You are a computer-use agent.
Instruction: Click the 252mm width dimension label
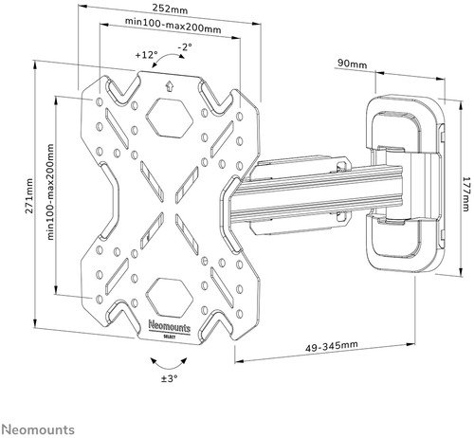coord(170,9)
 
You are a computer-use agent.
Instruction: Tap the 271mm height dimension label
coord(29,195)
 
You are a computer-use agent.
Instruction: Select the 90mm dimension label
coord(353,64)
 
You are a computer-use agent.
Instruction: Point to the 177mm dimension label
coord(465,193)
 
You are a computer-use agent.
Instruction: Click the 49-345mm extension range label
coord(332,346)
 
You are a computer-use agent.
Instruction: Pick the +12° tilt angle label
coord(146,55)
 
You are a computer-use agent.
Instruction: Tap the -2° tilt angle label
coord(185,47)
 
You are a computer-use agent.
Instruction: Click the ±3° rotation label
coord(170,378)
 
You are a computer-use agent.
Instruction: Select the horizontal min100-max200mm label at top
coord(173,26)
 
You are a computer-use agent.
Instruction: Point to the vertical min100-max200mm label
coord(50,192)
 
